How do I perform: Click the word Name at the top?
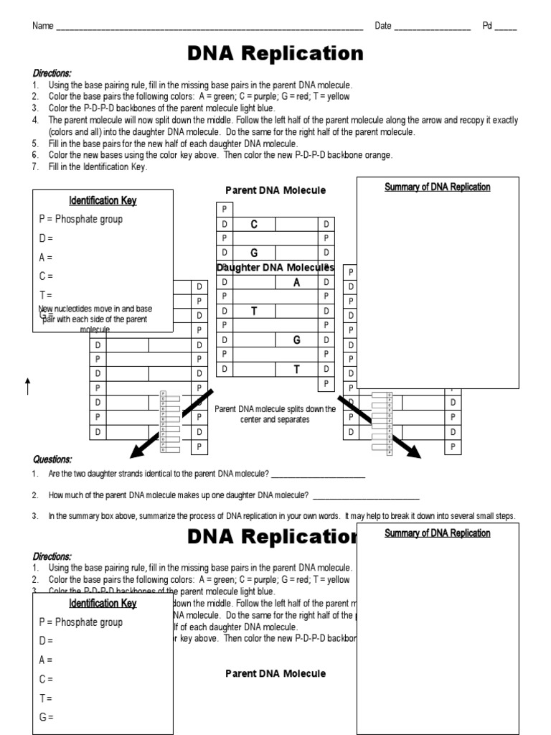coord(42,27)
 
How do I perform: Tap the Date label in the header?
coord(383,27)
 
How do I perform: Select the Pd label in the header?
coord(487,27)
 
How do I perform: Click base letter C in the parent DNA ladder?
coord(254,225)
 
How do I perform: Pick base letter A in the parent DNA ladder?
coord(296,282)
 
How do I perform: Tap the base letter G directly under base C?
coord(254,253)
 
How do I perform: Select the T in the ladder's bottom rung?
coord(296,369)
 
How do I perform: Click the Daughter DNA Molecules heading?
coord(275,268)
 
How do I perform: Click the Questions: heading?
coord(52,459)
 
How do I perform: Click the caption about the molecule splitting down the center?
coord(275,414)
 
